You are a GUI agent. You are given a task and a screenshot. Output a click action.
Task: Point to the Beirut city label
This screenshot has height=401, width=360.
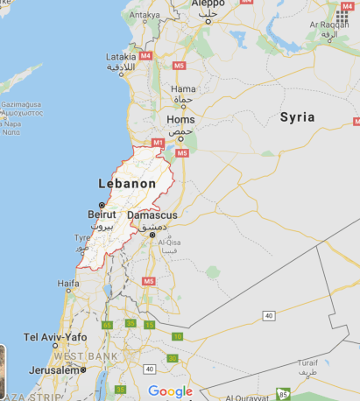pyautogui.click(x=102, y=213)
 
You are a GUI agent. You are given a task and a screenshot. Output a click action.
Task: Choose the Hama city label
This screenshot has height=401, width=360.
pyautogui.click(x=184, y=88)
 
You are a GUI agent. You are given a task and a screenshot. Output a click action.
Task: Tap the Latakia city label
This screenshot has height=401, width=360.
pyautogui.click(x=121, y=56)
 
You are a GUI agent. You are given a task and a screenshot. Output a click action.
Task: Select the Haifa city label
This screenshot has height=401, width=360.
pyautogui.click(x=68, y=284)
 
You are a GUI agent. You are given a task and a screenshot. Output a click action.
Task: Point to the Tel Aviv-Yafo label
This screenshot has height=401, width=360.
pyautogui.click(x=55, y=337)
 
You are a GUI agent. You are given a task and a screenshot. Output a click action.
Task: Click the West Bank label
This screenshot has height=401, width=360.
pyautogui.click(x=81, y=356)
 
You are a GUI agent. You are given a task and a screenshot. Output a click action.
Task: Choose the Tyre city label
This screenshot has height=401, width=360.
pyautogui.click(x=81, y=237)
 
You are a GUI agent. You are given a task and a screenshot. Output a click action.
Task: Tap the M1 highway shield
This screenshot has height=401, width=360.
pyautogui.click(x=159, y=142)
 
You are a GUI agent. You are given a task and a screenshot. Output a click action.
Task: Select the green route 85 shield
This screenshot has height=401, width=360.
pyautogui.click(x=282, y=395)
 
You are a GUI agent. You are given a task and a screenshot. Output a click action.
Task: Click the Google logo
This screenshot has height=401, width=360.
pyautogui.click(x=170, y=391)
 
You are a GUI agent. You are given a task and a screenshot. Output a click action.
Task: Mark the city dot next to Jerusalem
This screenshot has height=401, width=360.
pyautogui.click(x=84, y=369)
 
